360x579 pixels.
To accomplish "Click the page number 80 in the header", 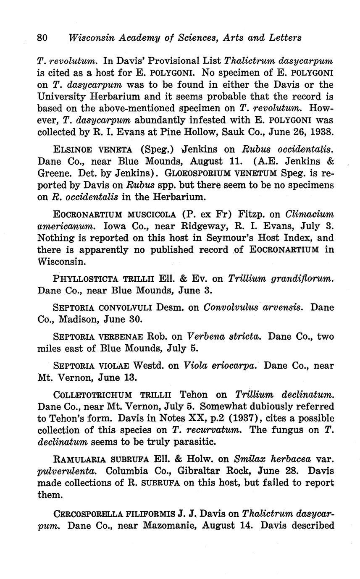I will (x=42, y=38).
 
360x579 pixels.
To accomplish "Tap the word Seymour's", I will (x=228, y=238).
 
